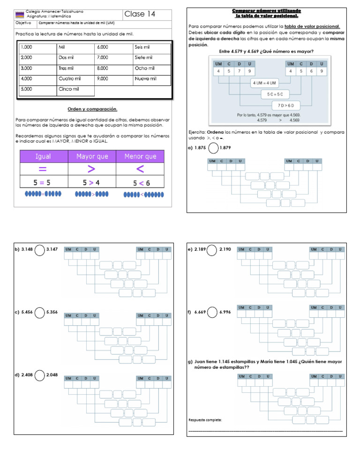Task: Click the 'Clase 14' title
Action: (x=140, y=14)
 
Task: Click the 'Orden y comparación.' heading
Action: (x=92, y=109)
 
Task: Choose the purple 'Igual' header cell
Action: (x=43, y=156)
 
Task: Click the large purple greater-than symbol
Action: (x=91, y=169)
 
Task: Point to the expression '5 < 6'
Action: (x=141, y=183)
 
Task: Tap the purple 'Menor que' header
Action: (x=140, y=156)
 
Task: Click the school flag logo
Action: (x=20, y=14)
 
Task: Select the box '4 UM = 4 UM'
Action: (x=265, y=83)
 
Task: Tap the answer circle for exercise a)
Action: (x=213, y=148)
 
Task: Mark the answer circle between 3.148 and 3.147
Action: (x=40, y=250)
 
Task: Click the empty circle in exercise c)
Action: (x=40, y=312)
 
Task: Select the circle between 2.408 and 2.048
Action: (x=40, y=375)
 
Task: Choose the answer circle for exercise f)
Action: (x=212, y=312)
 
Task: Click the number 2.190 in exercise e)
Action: (x=225, y=250)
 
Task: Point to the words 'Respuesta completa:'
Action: (x=205, y=420)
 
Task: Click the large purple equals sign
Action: (x=43, y=169)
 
